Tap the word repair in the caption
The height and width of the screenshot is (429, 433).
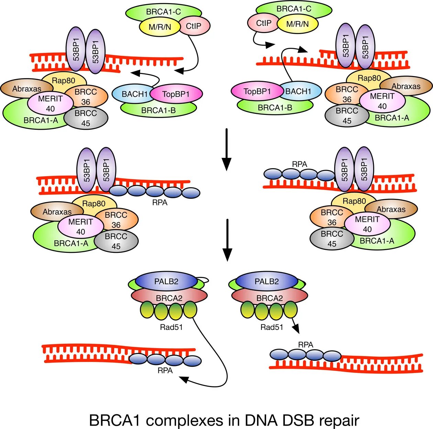tap(339, 421)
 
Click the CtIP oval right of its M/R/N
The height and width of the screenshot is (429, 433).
tap(193, 26)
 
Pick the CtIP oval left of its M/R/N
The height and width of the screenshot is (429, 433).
tap(264, 23)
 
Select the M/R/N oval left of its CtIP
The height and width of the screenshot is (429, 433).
tap(160, 26)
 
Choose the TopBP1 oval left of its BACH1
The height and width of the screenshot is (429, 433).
tap(257, 92)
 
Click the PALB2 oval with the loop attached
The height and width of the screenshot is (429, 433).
tap(166, 281)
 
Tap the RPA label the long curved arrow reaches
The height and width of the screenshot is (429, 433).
tap(165, 371)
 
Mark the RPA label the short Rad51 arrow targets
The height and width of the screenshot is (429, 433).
tap(306, 344)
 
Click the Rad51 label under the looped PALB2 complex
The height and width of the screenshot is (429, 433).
tap(171, 327)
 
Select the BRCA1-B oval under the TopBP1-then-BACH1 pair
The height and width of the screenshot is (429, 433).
tap(275, 107)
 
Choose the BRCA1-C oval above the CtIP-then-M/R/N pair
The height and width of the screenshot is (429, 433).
tap(294, 9)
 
